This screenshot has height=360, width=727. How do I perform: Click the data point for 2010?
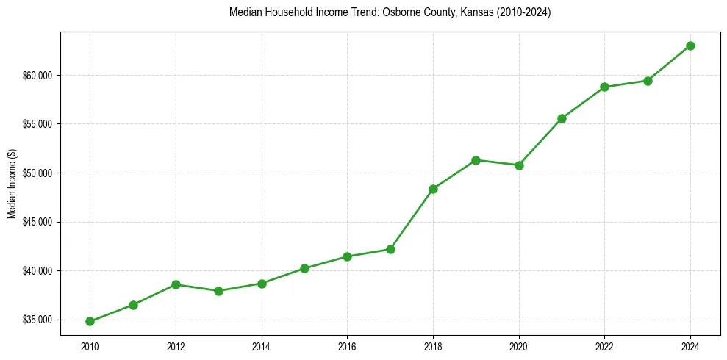[90, 321]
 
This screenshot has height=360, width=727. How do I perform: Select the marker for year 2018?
[433, 189]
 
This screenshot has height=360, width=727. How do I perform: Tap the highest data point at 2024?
[690, 46]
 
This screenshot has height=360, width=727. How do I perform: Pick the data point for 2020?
[519, 165]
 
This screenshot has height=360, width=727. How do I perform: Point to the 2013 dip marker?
[218, 291]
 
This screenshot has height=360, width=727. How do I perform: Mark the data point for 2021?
[562, 118]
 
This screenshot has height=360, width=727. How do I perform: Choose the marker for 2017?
[390, 249]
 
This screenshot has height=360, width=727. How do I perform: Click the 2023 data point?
[648, 81]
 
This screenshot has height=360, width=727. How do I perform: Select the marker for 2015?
[304, 268]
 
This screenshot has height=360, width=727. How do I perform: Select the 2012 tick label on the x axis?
[176, 345]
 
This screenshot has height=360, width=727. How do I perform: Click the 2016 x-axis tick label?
[347, 345]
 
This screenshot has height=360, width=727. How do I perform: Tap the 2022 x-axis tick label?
[604, 345]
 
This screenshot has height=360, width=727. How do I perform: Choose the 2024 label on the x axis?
[690, 345]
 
